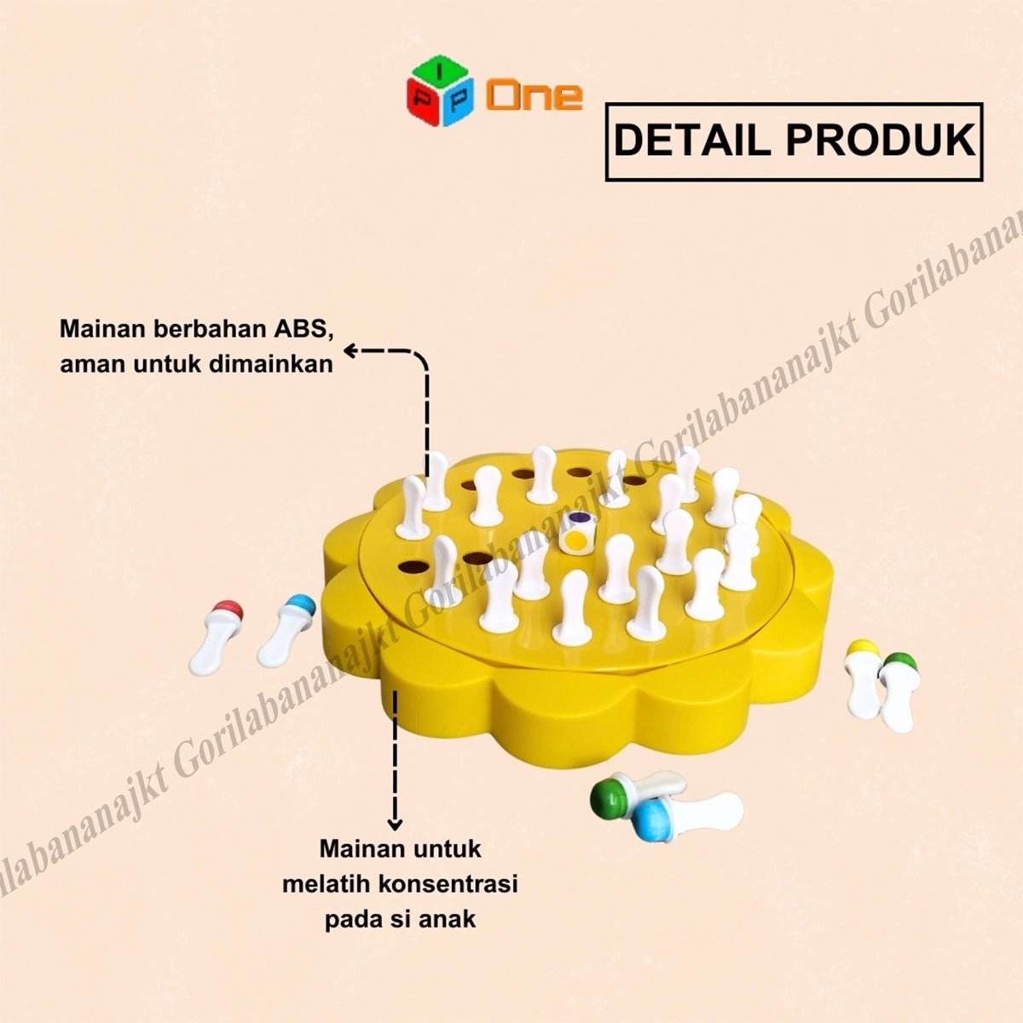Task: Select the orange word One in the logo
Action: point(535,95)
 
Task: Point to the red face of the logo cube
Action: point(422,101)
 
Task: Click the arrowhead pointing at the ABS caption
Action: point(350,350)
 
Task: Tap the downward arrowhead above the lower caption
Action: point(395,823)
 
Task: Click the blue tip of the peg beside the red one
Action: point(295,608)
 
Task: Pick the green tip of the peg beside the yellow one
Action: point(897,664)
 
